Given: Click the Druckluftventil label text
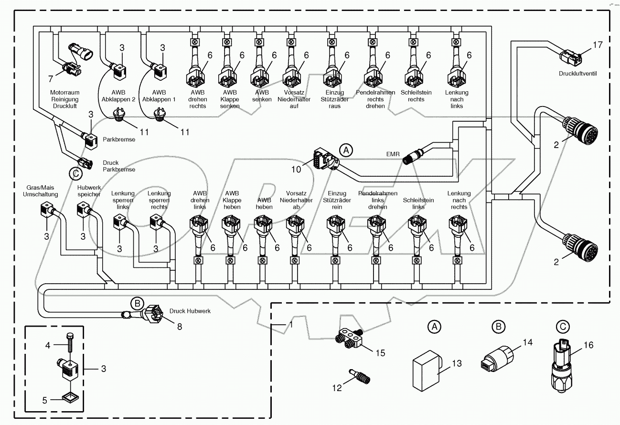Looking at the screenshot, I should pyautogui.click(x=578, y=74).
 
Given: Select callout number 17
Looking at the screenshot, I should pyautogui.click(x=598, y=45).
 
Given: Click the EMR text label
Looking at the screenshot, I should pyautogui.click(x=393, y=154).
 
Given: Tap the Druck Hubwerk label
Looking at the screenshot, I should pyautogui.click(x=190, y=311).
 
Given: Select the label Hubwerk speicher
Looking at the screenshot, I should pyautogui.click(x=89, y=191).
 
